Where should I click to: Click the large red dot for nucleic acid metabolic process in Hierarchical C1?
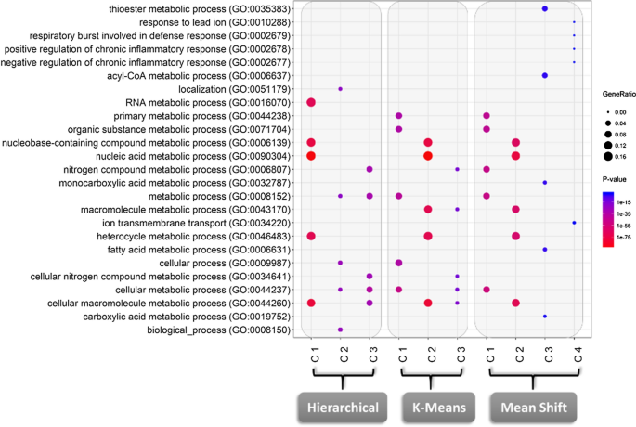pyautogui.click(x=311, y=156)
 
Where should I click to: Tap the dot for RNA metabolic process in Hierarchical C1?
pyautogui.click(x=311, y=102)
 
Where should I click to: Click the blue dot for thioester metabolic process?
pyautogui.click(x=545, y=8)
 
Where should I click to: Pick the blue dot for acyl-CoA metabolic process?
pyautogui.click(x=545, y=75)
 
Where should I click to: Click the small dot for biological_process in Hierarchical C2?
pyautogui.click(x=341, y=330)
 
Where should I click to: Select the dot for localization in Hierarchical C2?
pyautogui.click(x=341, y=89)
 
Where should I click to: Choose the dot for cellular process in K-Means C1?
pyautogui.click(x=398, y=263)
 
